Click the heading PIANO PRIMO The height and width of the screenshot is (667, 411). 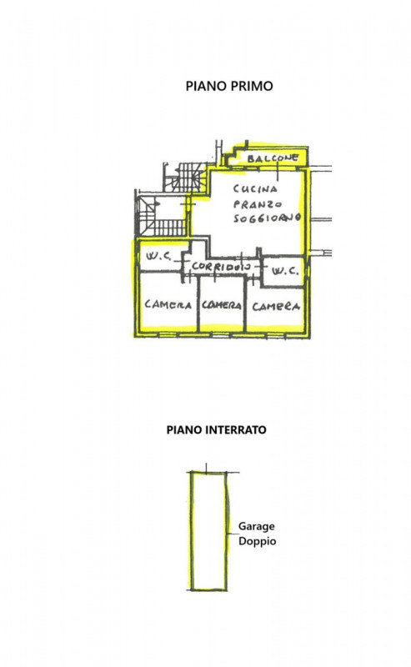click(x=229, y=86)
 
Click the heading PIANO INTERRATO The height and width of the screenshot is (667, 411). click(x=216, y=429)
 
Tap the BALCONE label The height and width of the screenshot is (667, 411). click(x=273, y=158)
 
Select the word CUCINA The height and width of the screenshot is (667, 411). click(x=255, y=188)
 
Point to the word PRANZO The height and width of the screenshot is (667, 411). click(x=258, y=203)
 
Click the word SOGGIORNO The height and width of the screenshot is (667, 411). click(x=268, y=218)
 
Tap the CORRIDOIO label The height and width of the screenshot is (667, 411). click(x=220, y=267)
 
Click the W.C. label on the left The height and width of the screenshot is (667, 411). click(x=158, y=256)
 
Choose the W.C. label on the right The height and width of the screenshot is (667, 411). click(x=285, y=271)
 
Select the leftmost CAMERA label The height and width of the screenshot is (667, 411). click(x=168, y=304)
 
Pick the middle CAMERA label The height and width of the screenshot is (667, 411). click(x=221, y=305)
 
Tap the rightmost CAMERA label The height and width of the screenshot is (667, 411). click(x=276, y=306)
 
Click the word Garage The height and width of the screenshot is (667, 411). click(x=256, y=527)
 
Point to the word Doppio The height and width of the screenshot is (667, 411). click(x=257, y=541)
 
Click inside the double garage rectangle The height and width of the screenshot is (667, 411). click(x=208, y=531)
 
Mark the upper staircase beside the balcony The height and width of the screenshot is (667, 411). click(x=186, y=177)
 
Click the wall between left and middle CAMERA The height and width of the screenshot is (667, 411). click(x=198, y=303)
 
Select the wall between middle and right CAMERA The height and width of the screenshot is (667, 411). click(x=245, y=303)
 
